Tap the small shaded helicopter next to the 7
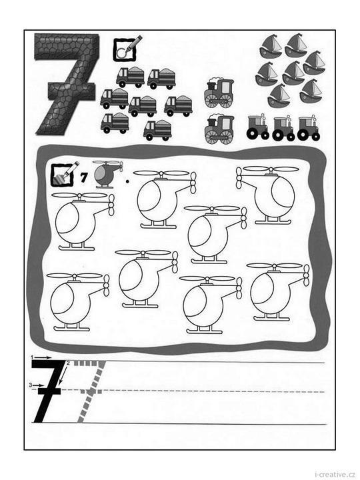coord(108,174)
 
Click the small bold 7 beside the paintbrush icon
coord(83,177)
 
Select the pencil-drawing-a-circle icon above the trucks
coord(127,48)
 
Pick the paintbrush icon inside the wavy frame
coord(64,174)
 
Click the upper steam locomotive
coord(219,93)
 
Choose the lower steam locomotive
coord(219,129)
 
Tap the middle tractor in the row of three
coord(283,128)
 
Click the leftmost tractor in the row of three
coord(258,127)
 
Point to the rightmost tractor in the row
coord(309,128)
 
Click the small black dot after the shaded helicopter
coord(127,181)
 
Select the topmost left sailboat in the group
coord(270,45)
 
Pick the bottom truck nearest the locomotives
coord(157,131)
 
